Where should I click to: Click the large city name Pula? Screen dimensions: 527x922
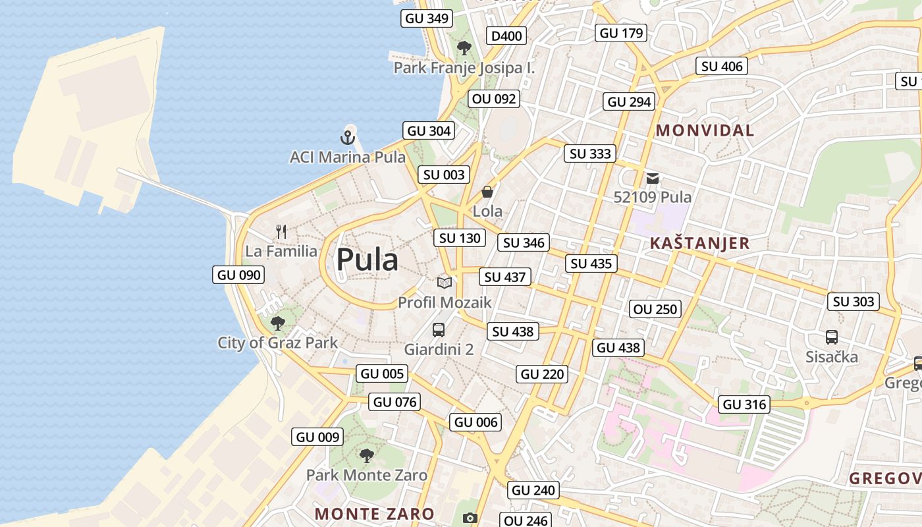(x=367, y=260)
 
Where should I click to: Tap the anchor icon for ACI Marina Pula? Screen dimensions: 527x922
(x=347, y=138)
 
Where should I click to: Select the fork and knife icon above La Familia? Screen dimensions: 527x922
(x=281, y=231)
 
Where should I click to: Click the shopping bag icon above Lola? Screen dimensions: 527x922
(x=487, y=192)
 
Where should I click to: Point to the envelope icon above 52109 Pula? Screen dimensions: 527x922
(x=653, y=178)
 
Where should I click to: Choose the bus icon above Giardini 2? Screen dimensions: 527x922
(x=439, y=330)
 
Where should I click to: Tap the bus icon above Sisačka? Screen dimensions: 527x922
(x=832, y=337)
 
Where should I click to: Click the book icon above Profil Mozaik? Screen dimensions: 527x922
(x=445, y=283)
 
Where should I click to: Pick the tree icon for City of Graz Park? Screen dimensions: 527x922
(x=278, y=323)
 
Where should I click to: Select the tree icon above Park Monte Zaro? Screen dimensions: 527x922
(x=367, y=455)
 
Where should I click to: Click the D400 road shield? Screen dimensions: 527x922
(x=506, y=36)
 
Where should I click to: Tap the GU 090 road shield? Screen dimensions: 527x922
(x=238, y=275)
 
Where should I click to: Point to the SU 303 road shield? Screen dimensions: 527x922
(x=854, y=302)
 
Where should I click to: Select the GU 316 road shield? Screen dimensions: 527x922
(x=745, y=404)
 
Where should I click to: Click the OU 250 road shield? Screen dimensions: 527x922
(x=655, y=309)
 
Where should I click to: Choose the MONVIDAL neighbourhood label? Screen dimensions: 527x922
(x=705, y=130)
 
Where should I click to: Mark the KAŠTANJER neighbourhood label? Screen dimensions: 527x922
(x=699, y=243)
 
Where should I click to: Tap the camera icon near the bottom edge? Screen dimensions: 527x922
(x=470, y=518)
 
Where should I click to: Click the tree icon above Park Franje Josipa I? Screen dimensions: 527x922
(x=464, y=47)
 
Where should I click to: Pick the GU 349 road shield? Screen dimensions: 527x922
(x=427, y=18)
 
